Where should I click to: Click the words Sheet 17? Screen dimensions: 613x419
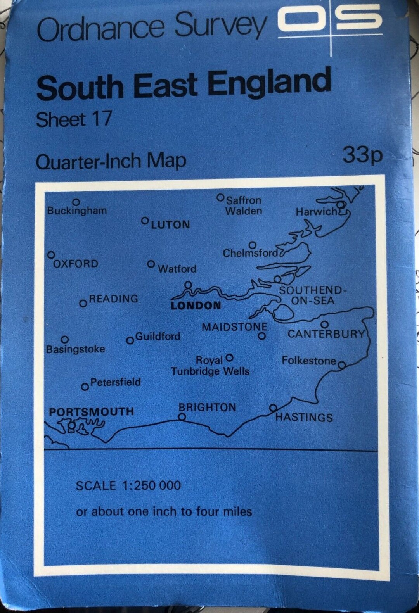(x=74, y=119)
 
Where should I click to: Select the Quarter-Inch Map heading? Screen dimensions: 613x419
(x=111, y=161)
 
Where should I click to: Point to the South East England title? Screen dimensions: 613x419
(x=184, y=85)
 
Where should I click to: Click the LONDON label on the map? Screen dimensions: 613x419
(x=196, y=306)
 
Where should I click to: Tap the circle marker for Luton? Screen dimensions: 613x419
(x=145, y=221)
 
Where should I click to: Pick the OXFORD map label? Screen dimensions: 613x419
(x=76, y=264)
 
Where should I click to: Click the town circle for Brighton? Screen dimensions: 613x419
(x=182, y=417)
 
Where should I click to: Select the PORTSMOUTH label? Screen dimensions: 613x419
(x=92, y=412)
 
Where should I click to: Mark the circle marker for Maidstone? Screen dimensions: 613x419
(x=262, y=336)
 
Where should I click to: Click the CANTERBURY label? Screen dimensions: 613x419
(x=326, y=334)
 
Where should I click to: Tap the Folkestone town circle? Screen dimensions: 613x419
(x=341, y=364)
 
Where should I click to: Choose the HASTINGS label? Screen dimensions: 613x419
(x=304, y=418)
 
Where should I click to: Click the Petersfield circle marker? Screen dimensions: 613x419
(x=85, y=387)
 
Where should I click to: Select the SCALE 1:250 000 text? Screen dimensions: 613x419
(x=128, y=486)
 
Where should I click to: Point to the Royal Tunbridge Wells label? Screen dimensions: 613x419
(x=210, y=366)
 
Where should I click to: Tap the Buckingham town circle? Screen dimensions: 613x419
(x=76, y=202)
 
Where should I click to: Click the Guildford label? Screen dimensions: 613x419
(x=158, y=336)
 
